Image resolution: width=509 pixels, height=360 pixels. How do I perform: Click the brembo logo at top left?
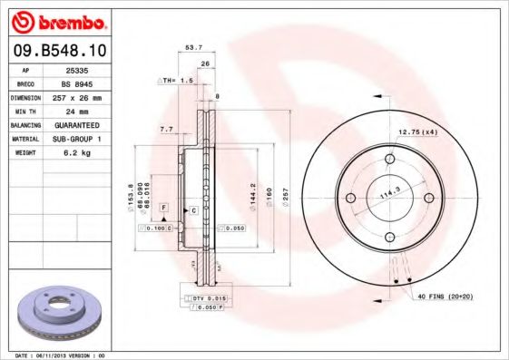click(x=59, y=19)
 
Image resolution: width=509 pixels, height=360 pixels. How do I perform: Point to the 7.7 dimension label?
click(x=166, y=130)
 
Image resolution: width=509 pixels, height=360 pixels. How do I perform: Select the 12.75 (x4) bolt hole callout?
click(x=417, y=132)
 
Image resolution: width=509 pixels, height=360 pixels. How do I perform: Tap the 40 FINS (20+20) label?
click(x=445, y=297)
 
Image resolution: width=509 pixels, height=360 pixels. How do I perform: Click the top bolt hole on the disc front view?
click(x=389, y=160)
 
